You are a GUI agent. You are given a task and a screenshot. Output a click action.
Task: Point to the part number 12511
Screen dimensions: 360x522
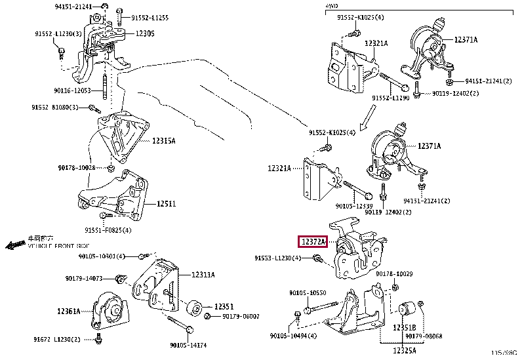tap(166, 204)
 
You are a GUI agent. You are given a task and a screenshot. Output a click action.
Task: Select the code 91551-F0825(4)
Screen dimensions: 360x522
tap(108, 230)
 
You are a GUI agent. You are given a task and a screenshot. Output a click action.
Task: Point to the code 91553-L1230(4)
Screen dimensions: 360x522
tap(279, 258)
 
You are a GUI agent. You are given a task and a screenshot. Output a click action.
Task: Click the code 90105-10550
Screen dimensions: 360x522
tap(308, 293)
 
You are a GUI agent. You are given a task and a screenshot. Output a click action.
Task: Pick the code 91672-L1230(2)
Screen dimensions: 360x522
tap(58, 339)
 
